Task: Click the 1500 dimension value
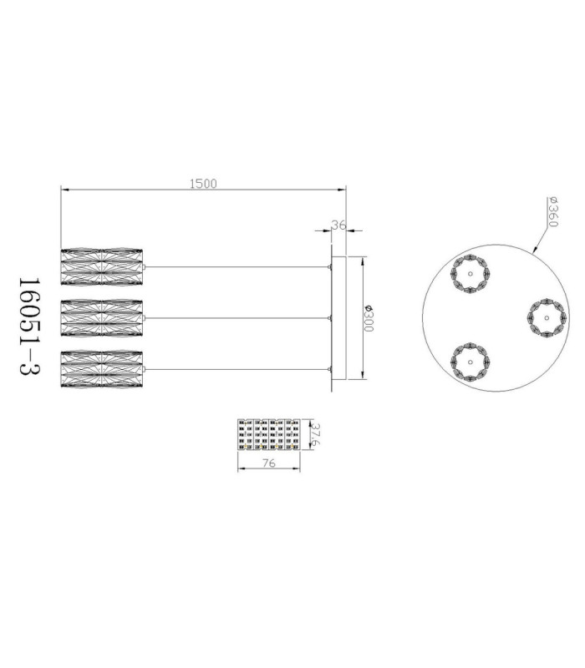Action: (203, 184)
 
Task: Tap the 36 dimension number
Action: (338, 225)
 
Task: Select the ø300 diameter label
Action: (369, 318)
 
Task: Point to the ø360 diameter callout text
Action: (552, 212)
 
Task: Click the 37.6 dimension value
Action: (316, 434)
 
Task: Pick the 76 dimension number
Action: (268, 463)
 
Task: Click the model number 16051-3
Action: (29, 326)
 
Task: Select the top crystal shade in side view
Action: (101, 267)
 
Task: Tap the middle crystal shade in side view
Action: (101, 318)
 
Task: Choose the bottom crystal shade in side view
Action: (101, 369)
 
